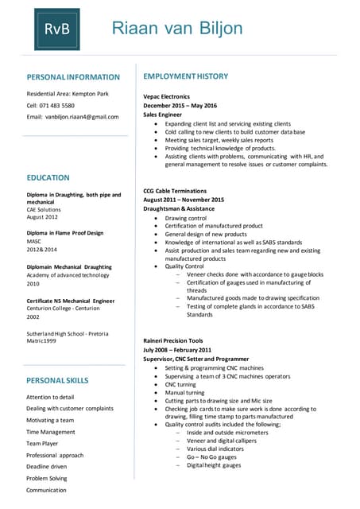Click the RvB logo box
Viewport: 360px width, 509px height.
tap(56, 29)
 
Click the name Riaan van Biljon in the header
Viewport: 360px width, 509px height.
tap(177, 29)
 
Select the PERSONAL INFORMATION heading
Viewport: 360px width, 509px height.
tap(73, 77)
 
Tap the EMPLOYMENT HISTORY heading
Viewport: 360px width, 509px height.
tap(185, 76)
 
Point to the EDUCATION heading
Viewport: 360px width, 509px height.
tap(48, 177)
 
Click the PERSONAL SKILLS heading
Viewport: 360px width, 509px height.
tap(57, 380)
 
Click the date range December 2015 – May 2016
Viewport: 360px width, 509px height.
tap(180, 106)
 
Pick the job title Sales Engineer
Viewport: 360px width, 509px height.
tap(163, 115)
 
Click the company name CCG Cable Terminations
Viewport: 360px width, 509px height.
tap(175, 191)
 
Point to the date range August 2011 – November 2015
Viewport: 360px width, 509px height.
tap(184, 200)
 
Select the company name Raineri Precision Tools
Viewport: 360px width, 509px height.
tap(173, 340)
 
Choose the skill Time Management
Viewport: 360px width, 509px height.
tap(51, 432)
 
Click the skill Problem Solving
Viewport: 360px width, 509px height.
tap(47, 479)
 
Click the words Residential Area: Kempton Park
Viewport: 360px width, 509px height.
tap(68, 94)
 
